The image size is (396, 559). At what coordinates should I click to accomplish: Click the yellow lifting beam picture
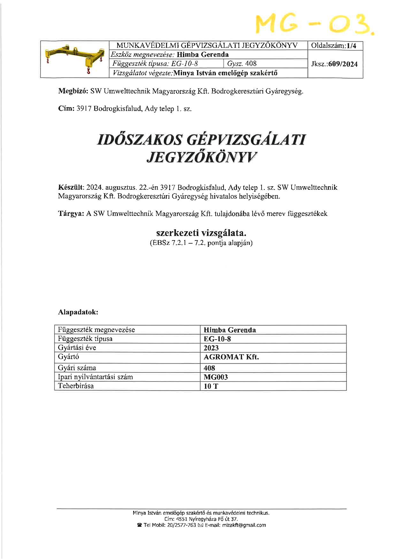click(75, 59)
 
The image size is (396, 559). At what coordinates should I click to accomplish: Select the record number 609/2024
click(345, 64)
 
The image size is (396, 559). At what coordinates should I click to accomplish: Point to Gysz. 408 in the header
click(242, 64)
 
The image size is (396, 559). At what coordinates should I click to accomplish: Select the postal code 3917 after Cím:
click(84, 109)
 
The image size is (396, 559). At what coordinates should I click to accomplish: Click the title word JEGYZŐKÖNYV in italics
click(202, 157)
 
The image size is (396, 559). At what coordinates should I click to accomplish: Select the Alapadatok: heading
click(78, 312)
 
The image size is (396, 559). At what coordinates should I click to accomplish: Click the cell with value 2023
click(211, 348)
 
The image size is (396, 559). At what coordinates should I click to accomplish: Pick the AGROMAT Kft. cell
click(231, 357)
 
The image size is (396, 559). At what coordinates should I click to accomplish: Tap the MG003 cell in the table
click(216, 377)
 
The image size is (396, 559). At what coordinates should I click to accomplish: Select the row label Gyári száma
click(77, 368)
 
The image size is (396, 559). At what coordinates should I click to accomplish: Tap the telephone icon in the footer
click(139, 525)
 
